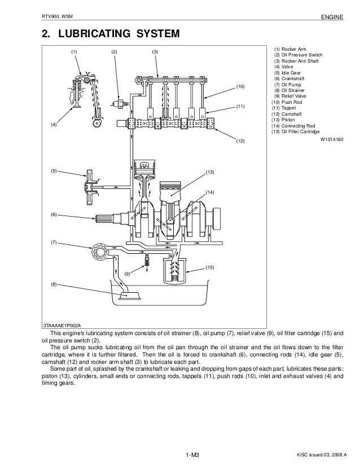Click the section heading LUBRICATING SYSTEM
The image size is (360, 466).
tap(110, 34)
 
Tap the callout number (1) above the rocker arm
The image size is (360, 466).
tap(74, 52)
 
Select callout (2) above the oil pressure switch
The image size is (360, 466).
tap(115, 52)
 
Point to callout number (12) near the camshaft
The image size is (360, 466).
tap(240, 141)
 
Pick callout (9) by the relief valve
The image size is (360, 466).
tap(128, 273)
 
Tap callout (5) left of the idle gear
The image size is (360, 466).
tap(54, 170)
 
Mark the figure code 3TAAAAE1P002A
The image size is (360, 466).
tap(63, 326)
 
